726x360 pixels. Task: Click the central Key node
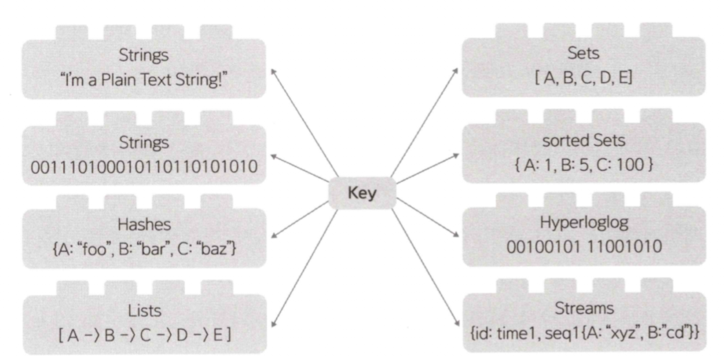coord(362,193)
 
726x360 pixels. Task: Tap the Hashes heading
coord(144,225)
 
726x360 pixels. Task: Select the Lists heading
coord(144,311)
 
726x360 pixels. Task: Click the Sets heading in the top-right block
coord(583,53)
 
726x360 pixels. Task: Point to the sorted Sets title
coord(583,140)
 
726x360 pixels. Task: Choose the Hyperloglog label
coord(584,222)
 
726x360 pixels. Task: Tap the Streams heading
coord(584,308)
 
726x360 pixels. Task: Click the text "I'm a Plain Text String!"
coord(143,80)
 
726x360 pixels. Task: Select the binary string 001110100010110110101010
coord(144,167)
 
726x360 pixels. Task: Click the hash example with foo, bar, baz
coord(144,249)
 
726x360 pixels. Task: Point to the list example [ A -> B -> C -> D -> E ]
coord(144,335)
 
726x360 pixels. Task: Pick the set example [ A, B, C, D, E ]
coord(583,78)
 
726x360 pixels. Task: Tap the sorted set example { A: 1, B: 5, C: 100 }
coord(583,165)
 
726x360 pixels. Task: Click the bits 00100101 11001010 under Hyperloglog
coord(584,246)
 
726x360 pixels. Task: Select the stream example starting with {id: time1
coord(584,333)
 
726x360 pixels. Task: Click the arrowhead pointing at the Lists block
coord(273,325)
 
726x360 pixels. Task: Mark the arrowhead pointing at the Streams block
coord(457,323)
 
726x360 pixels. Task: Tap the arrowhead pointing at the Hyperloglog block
coord(457,235)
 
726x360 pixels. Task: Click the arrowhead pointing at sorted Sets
coord(457,155)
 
